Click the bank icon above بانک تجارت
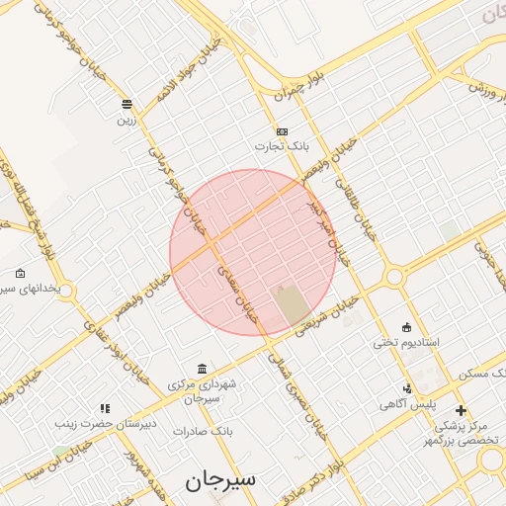point(283,131)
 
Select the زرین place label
point(126,120)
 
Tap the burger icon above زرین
point(126,104)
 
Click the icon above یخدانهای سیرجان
point(20,274)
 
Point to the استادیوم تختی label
point(405,342)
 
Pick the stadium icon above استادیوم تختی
point(406,327)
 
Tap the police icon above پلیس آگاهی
point(407,388)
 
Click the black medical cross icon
point(461,409)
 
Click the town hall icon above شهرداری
point(202,368)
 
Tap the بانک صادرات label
point(202,431)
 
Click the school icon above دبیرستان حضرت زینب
point(105,407)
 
